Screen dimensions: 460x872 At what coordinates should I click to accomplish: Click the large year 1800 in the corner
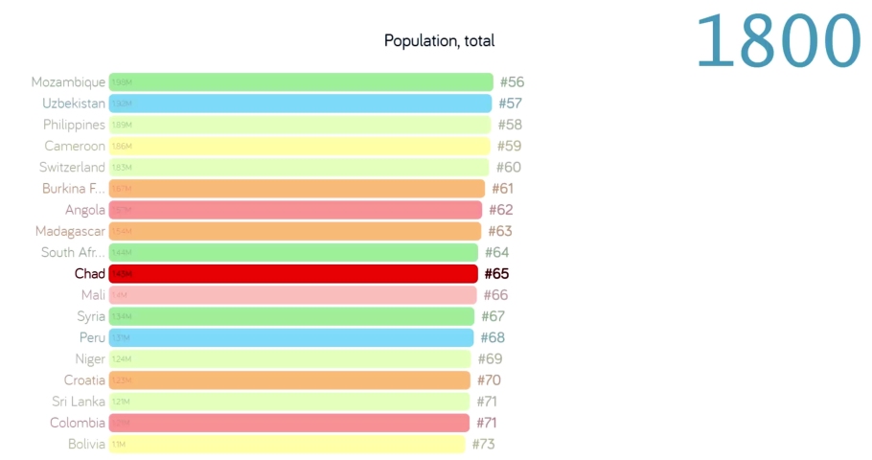coord(778,40)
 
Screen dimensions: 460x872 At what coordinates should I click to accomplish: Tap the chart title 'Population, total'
coord(439,40)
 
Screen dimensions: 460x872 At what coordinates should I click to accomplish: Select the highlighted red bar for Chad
coord(293,274)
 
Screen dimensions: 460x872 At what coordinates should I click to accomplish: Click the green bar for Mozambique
coord(301,82)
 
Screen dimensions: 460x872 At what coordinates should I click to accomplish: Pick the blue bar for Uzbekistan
coord(300,103)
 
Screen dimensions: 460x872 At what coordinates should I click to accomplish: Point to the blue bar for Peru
coord(291,337)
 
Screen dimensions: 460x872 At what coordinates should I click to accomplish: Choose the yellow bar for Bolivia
coord(287,444)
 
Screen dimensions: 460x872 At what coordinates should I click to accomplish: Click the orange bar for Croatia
coord(289,380)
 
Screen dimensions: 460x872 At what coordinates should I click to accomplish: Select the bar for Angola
coord(295,210)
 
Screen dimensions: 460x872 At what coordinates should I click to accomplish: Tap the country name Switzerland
coord(74,168)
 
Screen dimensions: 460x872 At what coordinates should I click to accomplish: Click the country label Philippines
coord(74,125)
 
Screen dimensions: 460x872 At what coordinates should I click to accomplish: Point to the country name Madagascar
coord(70,231)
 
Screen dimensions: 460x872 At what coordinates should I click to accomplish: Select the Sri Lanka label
coord(79,402)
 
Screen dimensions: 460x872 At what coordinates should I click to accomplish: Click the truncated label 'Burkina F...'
coord(74,189)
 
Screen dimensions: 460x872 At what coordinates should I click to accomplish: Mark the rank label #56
coord(512,82)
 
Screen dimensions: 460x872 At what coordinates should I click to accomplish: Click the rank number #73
coord(483,444)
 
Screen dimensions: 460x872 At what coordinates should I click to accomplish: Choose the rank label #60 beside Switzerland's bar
coord(508,168)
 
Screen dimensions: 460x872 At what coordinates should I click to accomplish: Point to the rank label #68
coord(493,337)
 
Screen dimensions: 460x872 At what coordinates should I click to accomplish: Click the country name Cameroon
coord(75,147)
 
